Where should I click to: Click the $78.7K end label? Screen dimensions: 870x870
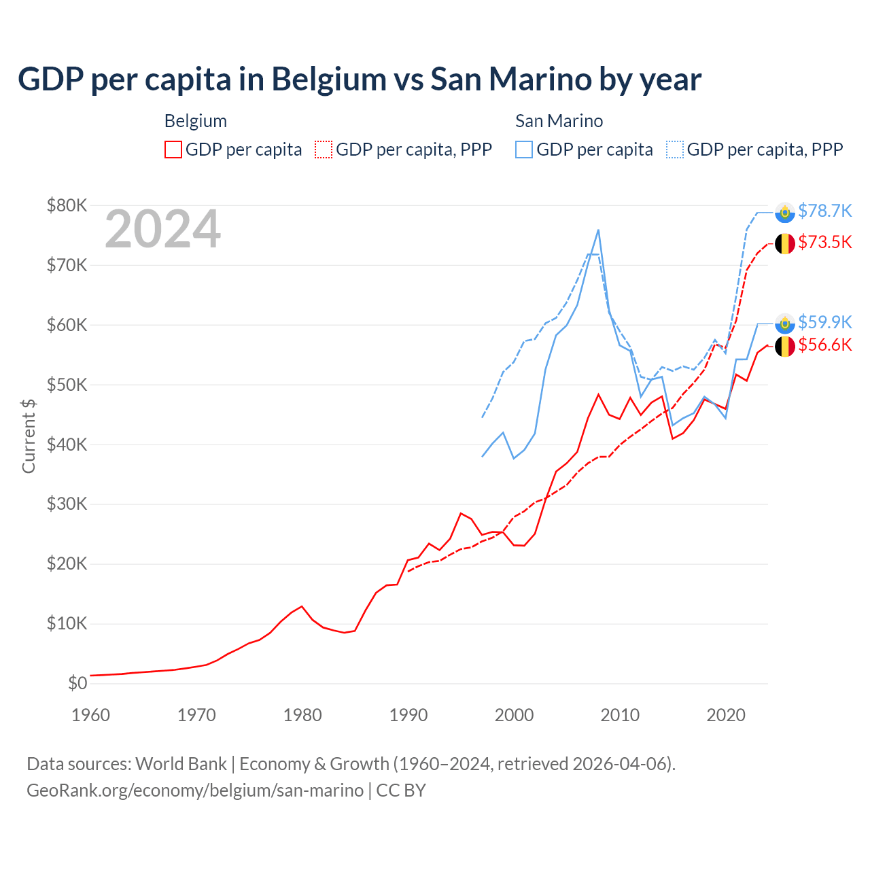(x=824, y=211)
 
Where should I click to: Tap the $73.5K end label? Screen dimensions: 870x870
(x=824, y=242)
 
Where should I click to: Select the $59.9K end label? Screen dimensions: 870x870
(x=824, y=321)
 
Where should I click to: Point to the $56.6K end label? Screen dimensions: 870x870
(x=824, y=345)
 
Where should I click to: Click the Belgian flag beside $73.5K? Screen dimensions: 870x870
(x=785, y=243)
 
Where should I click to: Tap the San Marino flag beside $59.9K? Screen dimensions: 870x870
(x=785, y=324)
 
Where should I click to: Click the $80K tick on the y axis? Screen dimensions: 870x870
(x=67, y=205)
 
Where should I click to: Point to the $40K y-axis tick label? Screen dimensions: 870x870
(x=67, y=445)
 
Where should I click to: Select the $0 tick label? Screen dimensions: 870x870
(x=77, y=683)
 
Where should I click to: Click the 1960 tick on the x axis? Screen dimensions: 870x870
(x=90, y=715)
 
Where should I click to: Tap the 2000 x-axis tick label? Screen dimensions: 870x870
(x=515, y=715)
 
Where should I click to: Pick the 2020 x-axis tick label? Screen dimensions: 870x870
(x=726, y=715)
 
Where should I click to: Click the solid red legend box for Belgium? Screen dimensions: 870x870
(x=173, y=150)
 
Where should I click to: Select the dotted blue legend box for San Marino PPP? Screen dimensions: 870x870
(x=675, y=150)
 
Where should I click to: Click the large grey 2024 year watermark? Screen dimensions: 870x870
(x=162, y=229)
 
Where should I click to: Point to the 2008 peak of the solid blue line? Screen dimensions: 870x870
(x=598, y=230)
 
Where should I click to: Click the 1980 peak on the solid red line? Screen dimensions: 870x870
(x=302, y=606)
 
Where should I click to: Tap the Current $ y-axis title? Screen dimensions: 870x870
(x=29, y=436)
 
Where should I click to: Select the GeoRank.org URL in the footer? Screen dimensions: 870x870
(x=195, y=790)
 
